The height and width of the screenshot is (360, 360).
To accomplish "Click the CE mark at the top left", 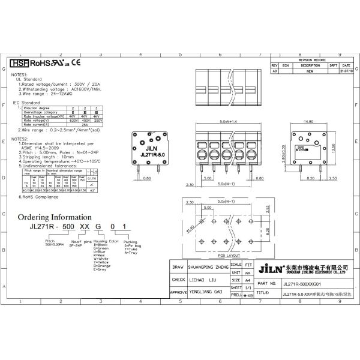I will (76, 62).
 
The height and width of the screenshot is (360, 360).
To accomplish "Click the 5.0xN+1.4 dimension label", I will (228, 121).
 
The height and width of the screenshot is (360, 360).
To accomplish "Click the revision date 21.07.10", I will (347, 71).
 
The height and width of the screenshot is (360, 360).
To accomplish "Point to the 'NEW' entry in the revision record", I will (310, 71).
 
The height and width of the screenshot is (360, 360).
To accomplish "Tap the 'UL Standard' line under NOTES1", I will (28, 79).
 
